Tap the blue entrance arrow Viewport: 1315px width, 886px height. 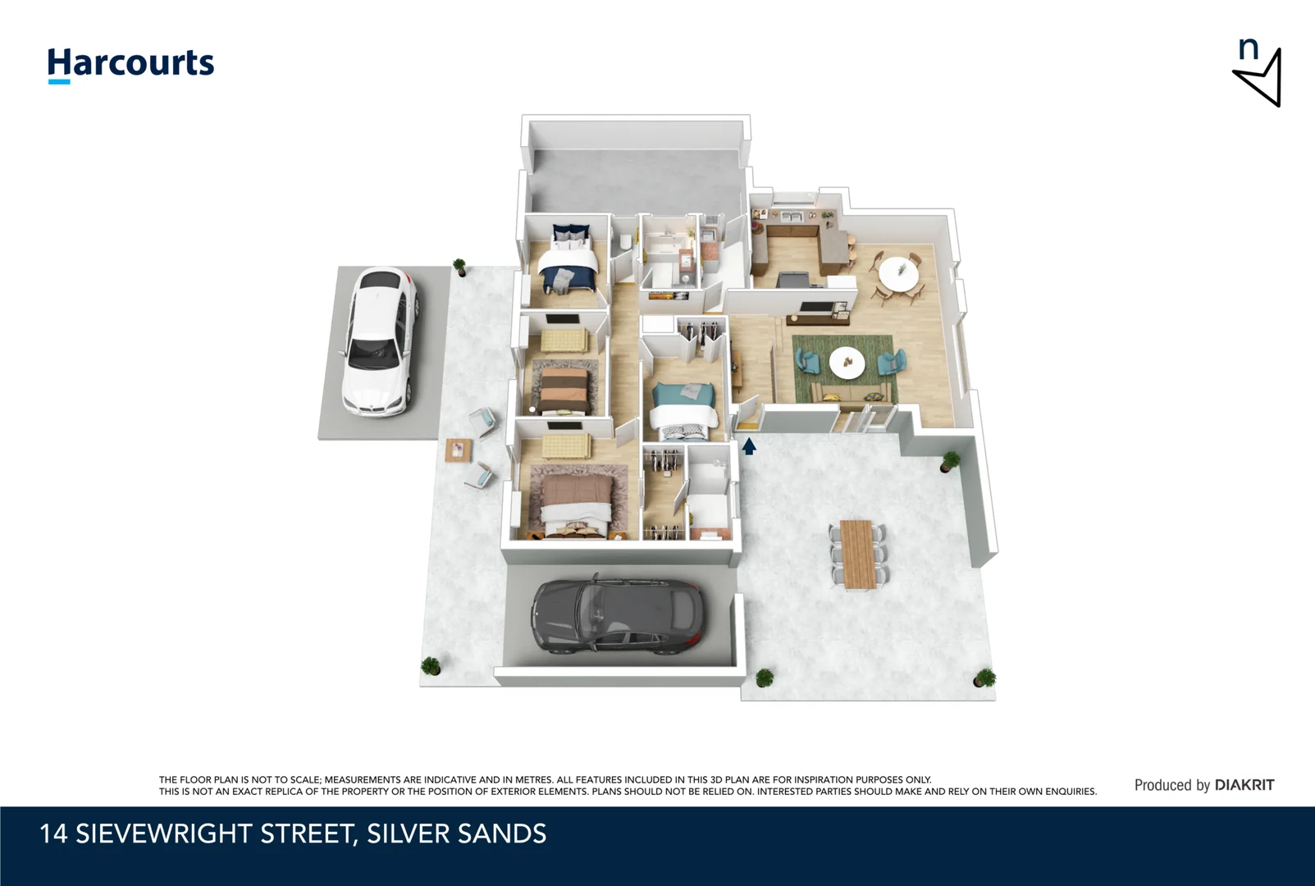(748, 446)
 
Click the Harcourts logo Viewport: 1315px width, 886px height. (130, 65)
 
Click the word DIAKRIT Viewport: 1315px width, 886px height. (1244, 785)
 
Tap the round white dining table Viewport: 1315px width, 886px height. (899, 273)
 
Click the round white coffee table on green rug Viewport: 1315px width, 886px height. (847, 362)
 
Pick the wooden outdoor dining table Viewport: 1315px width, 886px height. (858, 554)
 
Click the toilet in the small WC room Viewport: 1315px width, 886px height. (625, 240)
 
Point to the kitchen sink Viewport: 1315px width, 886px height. (792, 217)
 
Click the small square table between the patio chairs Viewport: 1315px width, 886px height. (458, 450)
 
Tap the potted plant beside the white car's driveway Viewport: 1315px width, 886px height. (459, 267)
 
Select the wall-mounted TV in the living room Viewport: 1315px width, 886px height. (815, 307)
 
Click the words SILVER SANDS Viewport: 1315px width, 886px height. (456, 833)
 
